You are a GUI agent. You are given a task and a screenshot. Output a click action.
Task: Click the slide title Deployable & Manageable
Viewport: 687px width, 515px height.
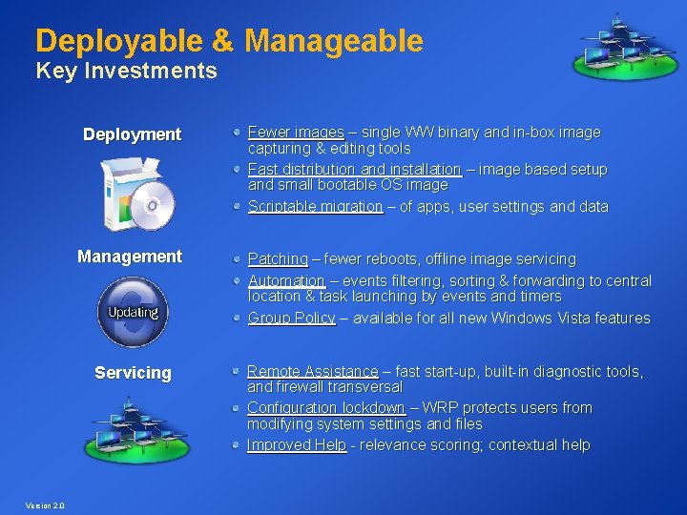point(229,41)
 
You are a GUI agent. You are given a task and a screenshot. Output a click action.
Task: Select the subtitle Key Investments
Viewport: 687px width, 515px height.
point(126,71)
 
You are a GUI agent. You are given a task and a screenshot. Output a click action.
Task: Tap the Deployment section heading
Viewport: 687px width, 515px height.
point(132,134)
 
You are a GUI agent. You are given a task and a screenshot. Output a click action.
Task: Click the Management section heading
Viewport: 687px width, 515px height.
point(130,257)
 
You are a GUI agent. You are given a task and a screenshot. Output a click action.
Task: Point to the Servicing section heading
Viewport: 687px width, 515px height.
point(133,373)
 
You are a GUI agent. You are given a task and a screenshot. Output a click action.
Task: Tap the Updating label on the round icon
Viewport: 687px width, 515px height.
point(133,312)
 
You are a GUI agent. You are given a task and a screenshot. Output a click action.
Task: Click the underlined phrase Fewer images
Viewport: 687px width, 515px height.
point(296,133)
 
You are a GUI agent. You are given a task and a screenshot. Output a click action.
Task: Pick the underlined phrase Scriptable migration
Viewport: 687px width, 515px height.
point(315,207)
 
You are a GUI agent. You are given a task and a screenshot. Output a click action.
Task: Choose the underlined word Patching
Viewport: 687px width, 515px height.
point(278,259)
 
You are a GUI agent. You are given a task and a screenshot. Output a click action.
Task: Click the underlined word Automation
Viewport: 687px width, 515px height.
point(286,281)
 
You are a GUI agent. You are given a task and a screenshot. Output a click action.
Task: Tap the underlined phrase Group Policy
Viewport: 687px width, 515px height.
point(291,319)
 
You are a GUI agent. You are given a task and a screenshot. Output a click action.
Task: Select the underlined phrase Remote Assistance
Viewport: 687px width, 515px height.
point(312,371)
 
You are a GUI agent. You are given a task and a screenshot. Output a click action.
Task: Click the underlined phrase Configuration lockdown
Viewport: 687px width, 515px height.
point(325,408)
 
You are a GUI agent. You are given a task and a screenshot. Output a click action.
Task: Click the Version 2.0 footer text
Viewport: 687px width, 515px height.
point(46,505)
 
